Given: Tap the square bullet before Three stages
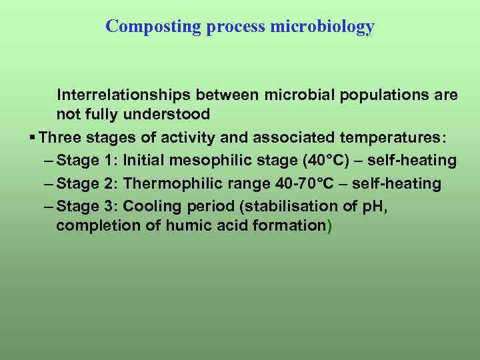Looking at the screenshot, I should pos(33,137).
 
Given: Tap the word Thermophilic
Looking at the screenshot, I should pos(173,183).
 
